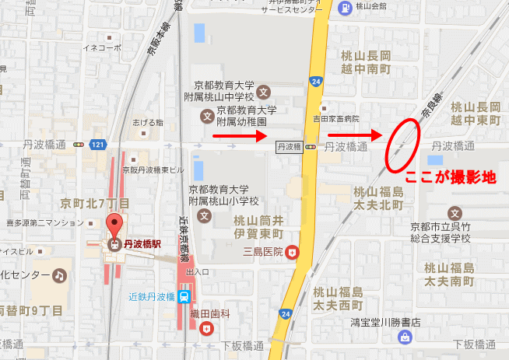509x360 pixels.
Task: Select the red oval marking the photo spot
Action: (402, 143)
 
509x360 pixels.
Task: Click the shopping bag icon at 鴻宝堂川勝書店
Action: (405, 337)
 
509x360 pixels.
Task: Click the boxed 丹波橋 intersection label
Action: (289, 145)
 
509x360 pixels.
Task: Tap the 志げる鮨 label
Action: (148, 122)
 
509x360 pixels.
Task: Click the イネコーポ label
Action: (104, 47)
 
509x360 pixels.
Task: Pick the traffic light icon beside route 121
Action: (78, 145)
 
